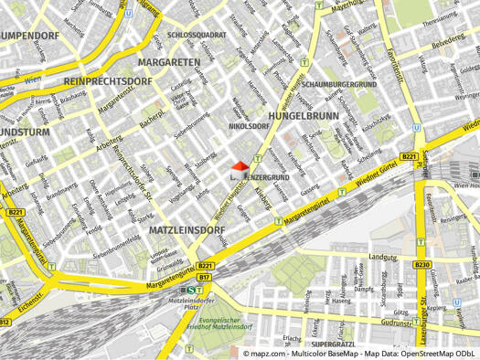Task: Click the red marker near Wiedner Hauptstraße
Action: (239, 166)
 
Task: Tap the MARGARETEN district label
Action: (169, 62)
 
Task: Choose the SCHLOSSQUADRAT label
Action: (197, 35)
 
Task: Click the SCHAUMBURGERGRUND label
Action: (340, 84)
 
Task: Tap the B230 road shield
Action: (421, 265)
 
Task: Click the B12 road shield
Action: (5, 322)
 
